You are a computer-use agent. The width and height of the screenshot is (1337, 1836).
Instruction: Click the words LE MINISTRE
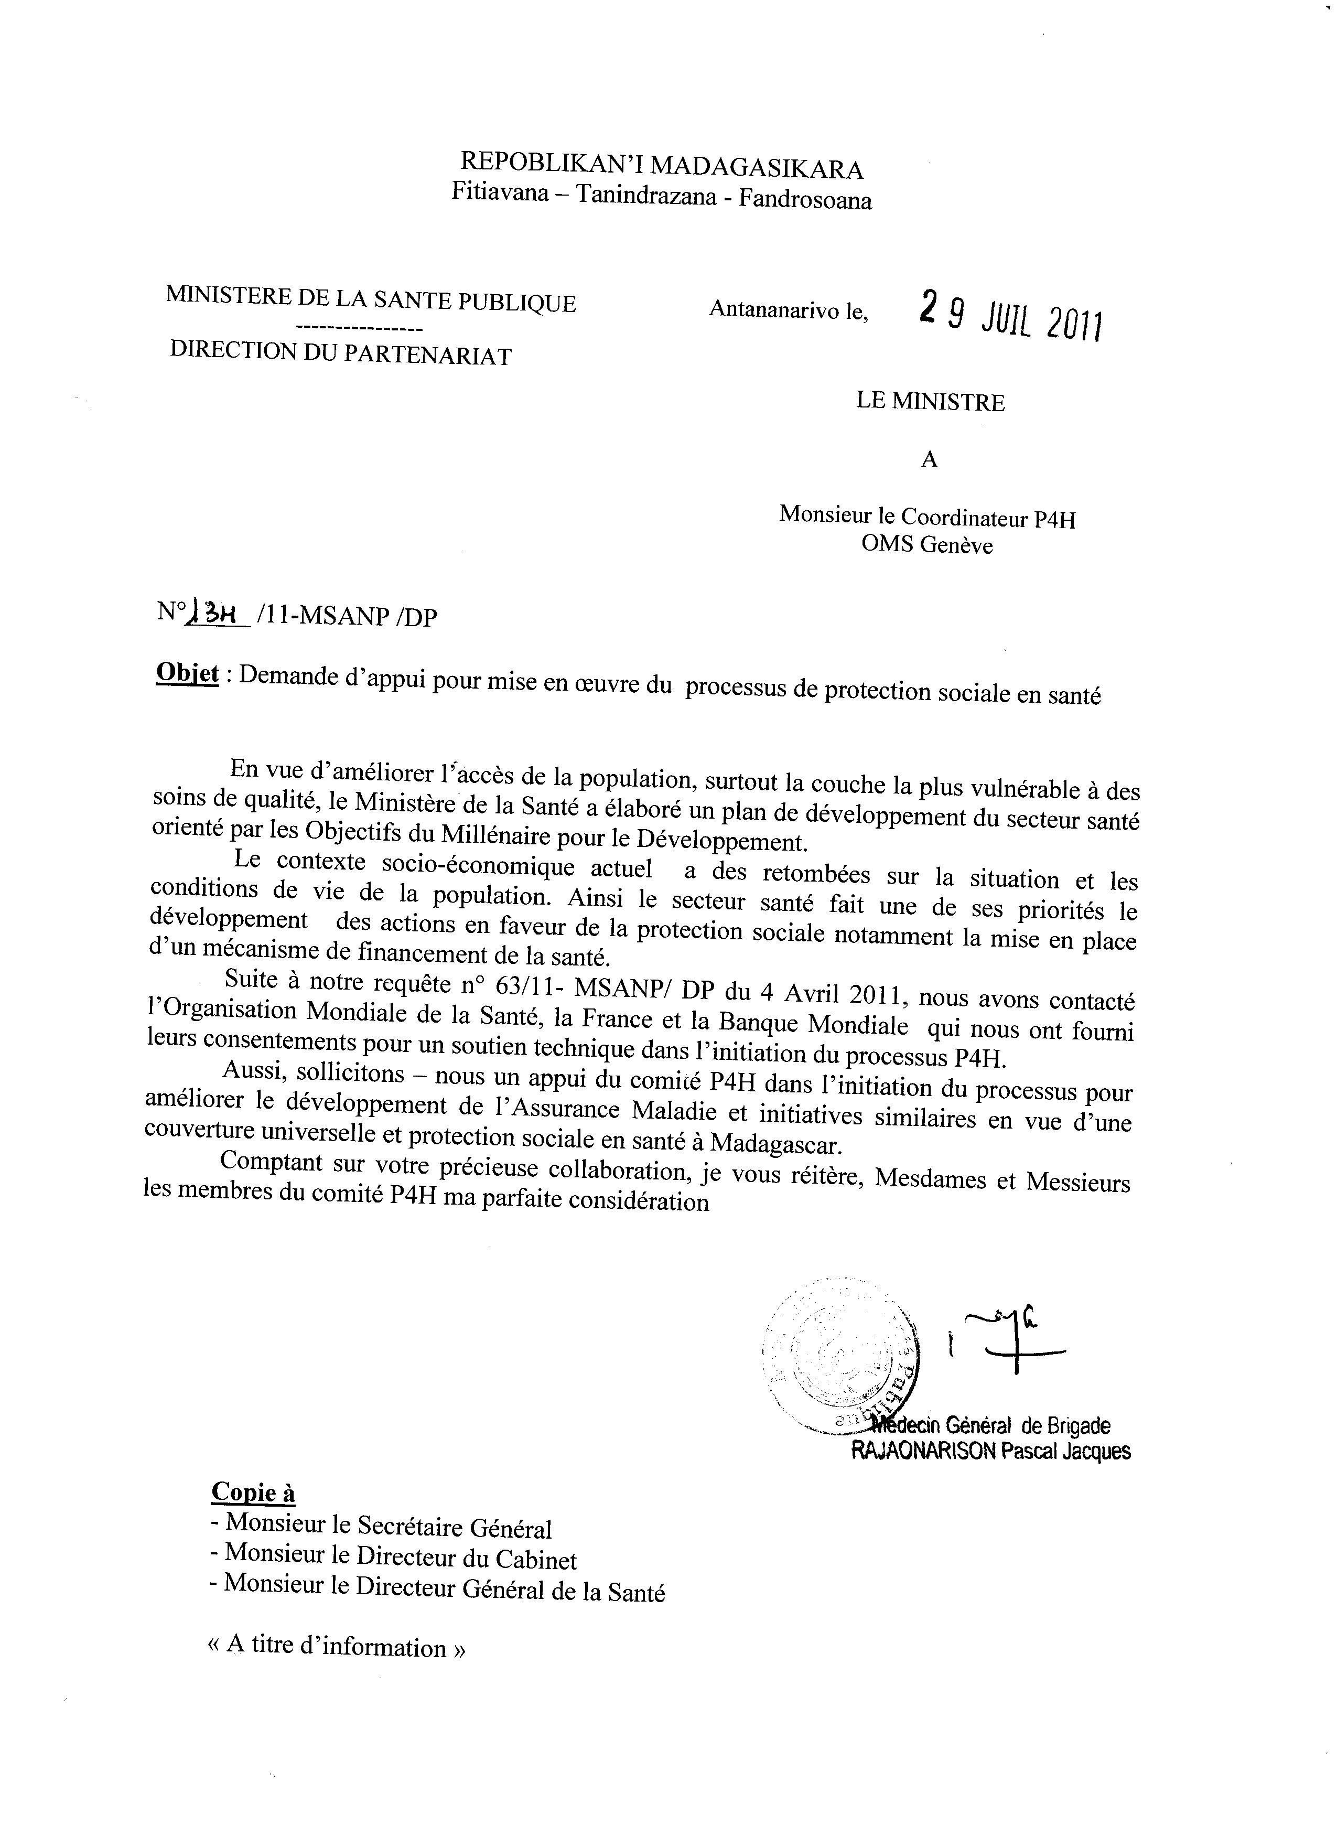pyautogui.click(x=931, y=402)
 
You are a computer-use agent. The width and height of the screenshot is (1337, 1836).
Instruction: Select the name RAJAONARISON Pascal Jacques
pyautogui.click(x=990, y=1452)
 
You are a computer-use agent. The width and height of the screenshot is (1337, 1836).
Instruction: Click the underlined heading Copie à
pyautogui.click(x=253, y=1492)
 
